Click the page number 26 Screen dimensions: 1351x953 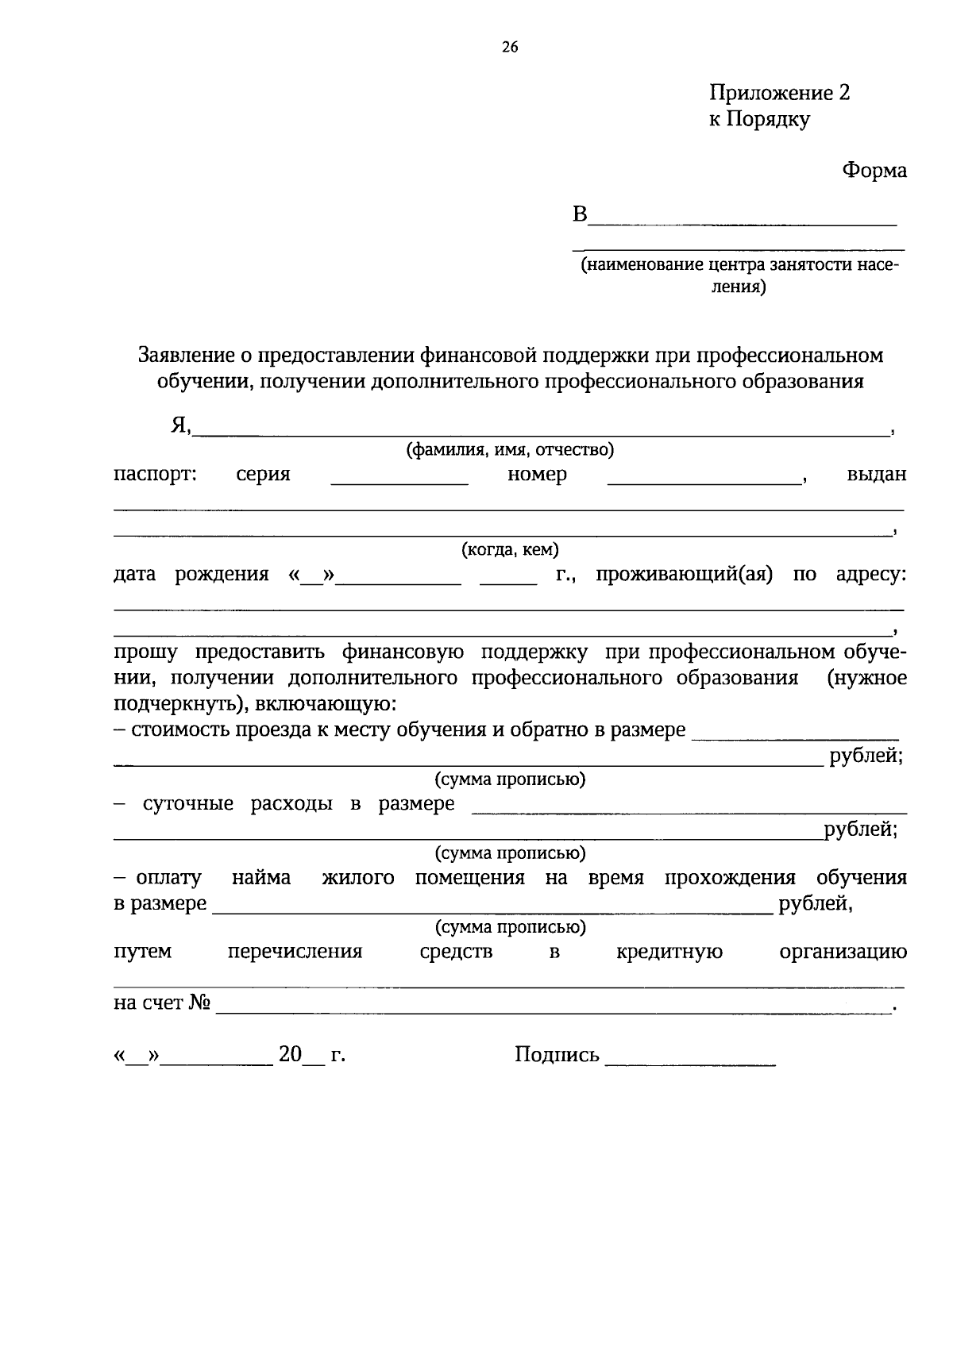click(510, 48)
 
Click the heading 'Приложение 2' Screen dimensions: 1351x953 click(779, 93)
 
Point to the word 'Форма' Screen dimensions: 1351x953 click(874, 171)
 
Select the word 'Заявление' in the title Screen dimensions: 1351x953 click(187, 355)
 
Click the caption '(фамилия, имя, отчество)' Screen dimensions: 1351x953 click(510, 451)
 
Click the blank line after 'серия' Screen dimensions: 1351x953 click(399, 481)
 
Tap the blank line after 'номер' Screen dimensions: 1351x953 click(704, 481)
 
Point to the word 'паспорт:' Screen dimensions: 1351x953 click(155, 475)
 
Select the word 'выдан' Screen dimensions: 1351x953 click(877, 475)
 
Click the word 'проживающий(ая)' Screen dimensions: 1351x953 click(684, 574)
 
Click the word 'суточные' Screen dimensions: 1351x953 click(188, 803)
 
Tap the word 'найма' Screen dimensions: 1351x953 click(261, 878)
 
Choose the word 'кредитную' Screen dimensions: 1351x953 click(669, 952)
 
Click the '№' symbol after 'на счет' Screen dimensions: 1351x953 click(200, 1003)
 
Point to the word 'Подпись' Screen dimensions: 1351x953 click(557, 1055)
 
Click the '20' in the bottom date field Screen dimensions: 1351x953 click(290, 1055)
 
